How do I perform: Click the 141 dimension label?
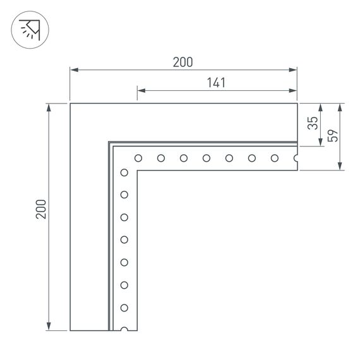pyautogui.click(x=215, y=82)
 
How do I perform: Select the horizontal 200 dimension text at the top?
pyautogui.click(x=183, y=62)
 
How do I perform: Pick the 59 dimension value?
pyautogui.click(x=333, y=135)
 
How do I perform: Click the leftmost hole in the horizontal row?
pyautogui.click(x=138, y=158)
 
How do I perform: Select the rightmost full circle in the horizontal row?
pyautogui.click(x=275, y=158)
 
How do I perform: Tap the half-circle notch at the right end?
pyautogui.click(x=296, y=158)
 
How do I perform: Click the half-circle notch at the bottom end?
pyautogui.click(x=124, y=328)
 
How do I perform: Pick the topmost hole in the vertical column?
pyautogui.click(x=124, y=172)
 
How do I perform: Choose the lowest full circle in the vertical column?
pyautogui.click(x=124, y=308)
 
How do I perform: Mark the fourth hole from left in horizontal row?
pyautogui.click(x=207, y=158)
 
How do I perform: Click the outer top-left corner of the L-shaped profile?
pyautogui.click(x=70, y=103)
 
